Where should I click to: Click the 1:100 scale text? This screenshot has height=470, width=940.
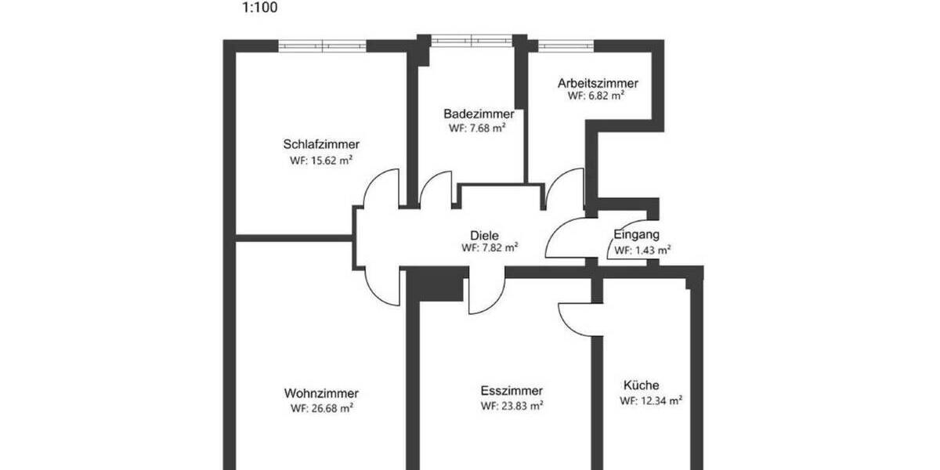pyautogui.click(x=259, y=9)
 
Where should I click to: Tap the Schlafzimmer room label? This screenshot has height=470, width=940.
pyautogui.click(x=321, y=144)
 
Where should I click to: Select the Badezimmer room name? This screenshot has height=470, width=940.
pyautogui.click(x=478, y=114)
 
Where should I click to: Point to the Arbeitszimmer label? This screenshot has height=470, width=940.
pyautogui.click(x=598, y=83)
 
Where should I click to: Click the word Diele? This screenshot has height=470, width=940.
pyautogui.click(x=484, y=234)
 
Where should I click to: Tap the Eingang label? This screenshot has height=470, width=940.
pyautogui.click(x=636, y=234)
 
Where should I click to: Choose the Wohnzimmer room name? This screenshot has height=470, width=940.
pyautogui.click(x=321, y=393)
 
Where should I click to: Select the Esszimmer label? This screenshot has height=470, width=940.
pyautogui.click(x=512, y=391)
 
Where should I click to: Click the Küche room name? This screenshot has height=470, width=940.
pyautogui.click(x=641, y=385)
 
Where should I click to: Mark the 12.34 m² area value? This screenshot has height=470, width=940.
pyautogui.click(x=657, y=400)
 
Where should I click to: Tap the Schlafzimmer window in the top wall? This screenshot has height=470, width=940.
pyautogui.click(x=323, y=46)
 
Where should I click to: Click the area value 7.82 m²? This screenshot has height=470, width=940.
pyautogui.click(x=496, y=248)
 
